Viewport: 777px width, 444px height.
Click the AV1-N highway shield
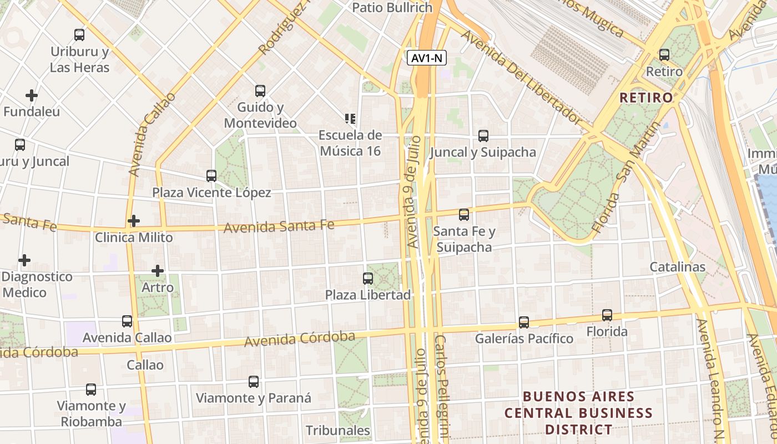coord(427,58)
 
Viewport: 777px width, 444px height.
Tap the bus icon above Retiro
coord(664,55)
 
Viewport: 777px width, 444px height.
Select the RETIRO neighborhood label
coord(645,98)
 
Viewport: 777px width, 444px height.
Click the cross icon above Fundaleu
coord(32,95)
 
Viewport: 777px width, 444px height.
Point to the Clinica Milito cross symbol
coord(133,221)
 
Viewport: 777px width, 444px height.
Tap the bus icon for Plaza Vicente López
coord(211,176)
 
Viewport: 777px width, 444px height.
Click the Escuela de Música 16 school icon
coord(350,119)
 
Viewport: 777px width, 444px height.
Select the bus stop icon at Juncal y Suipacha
coord(483,136)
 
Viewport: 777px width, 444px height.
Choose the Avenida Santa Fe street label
coord(279,226)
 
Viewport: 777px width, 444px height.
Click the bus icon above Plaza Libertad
coord(367,279)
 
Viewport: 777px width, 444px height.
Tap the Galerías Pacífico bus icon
coord(523,322)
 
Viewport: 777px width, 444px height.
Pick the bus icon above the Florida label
coord(607,315)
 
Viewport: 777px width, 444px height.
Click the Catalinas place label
coord(677,267)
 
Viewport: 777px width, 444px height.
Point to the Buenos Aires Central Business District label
coord(578,413)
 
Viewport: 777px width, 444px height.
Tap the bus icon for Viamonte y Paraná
coord(253,382)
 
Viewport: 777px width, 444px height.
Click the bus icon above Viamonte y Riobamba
coord(91,390)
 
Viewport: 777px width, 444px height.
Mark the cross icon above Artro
coord(158,271)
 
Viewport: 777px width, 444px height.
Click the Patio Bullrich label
coord(392,8)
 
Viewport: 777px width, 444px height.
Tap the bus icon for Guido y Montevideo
coord(260,91)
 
